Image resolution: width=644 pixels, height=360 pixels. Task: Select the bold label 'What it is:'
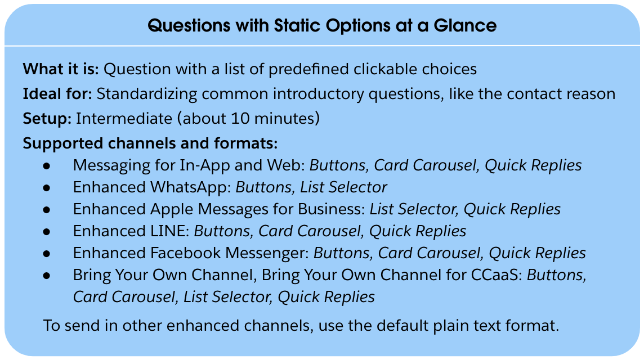click(61, 69)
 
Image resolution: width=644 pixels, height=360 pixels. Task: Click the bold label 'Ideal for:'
click(57, 94)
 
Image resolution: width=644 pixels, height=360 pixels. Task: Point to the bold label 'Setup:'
click(47, 119)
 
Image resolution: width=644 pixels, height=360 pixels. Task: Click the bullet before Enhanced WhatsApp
click(47, 187)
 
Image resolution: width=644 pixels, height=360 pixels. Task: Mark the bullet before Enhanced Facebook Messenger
click(47, 254)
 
